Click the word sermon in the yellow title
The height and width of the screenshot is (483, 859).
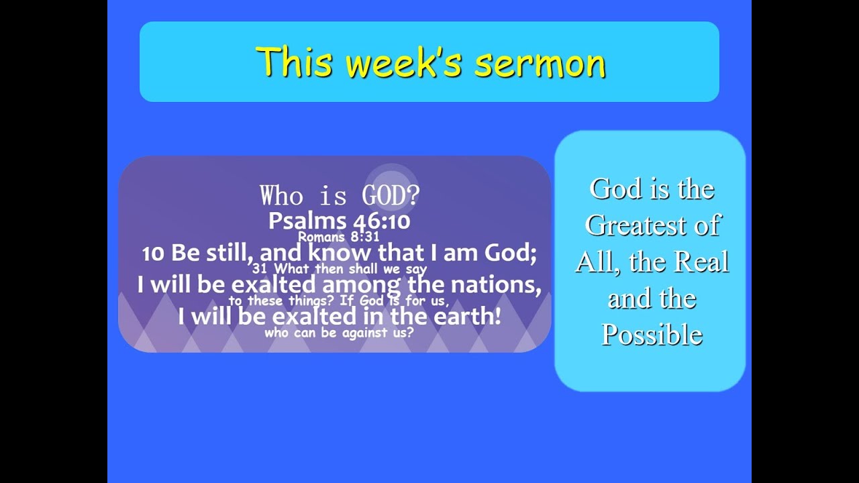coord(540,62)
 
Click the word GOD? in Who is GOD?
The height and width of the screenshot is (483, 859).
coord(391,195)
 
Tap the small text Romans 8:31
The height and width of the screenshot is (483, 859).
coord(338,237)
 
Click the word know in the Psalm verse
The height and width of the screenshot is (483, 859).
coord(340,253)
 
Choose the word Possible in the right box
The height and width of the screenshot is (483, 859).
coord(652,335)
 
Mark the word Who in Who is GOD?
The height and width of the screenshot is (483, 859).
coord(281,195)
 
